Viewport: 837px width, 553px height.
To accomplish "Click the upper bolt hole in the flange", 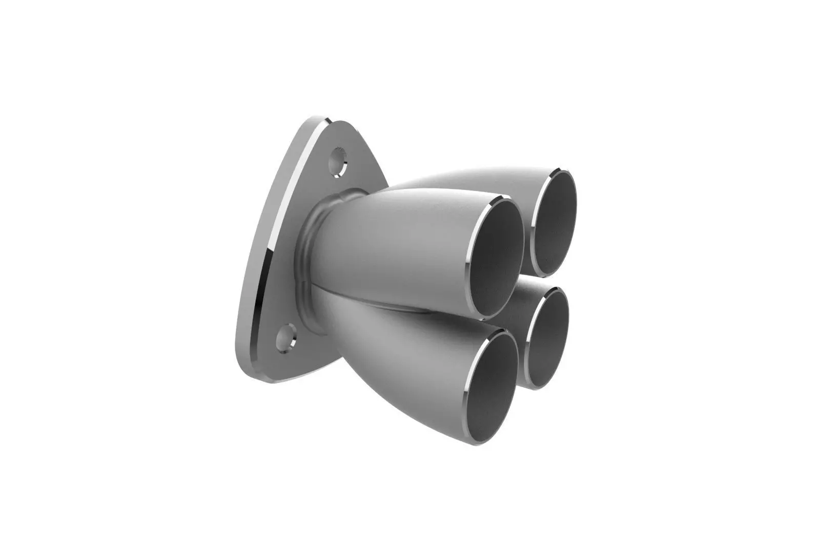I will pyautogui.click(x=340, y=163).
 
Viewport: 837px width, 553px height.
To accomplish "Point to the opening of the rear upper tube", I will pyautogui.click(x=555, y=222).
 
